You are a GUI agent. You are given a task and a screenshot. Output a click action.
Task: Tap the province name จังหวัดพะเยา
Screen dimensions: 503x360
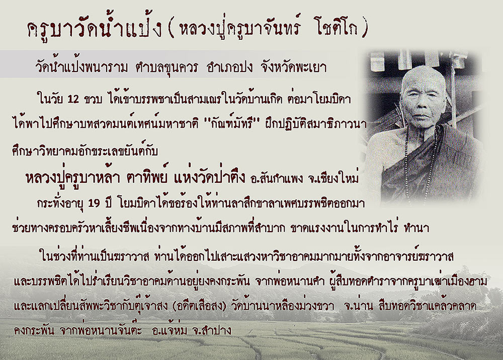pyautogui.click(x=294, y=67)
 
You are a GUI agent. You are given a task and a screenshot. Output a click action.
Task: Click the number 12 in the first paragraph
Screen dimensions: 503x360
pyautogui.click(x=73, y=99)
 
